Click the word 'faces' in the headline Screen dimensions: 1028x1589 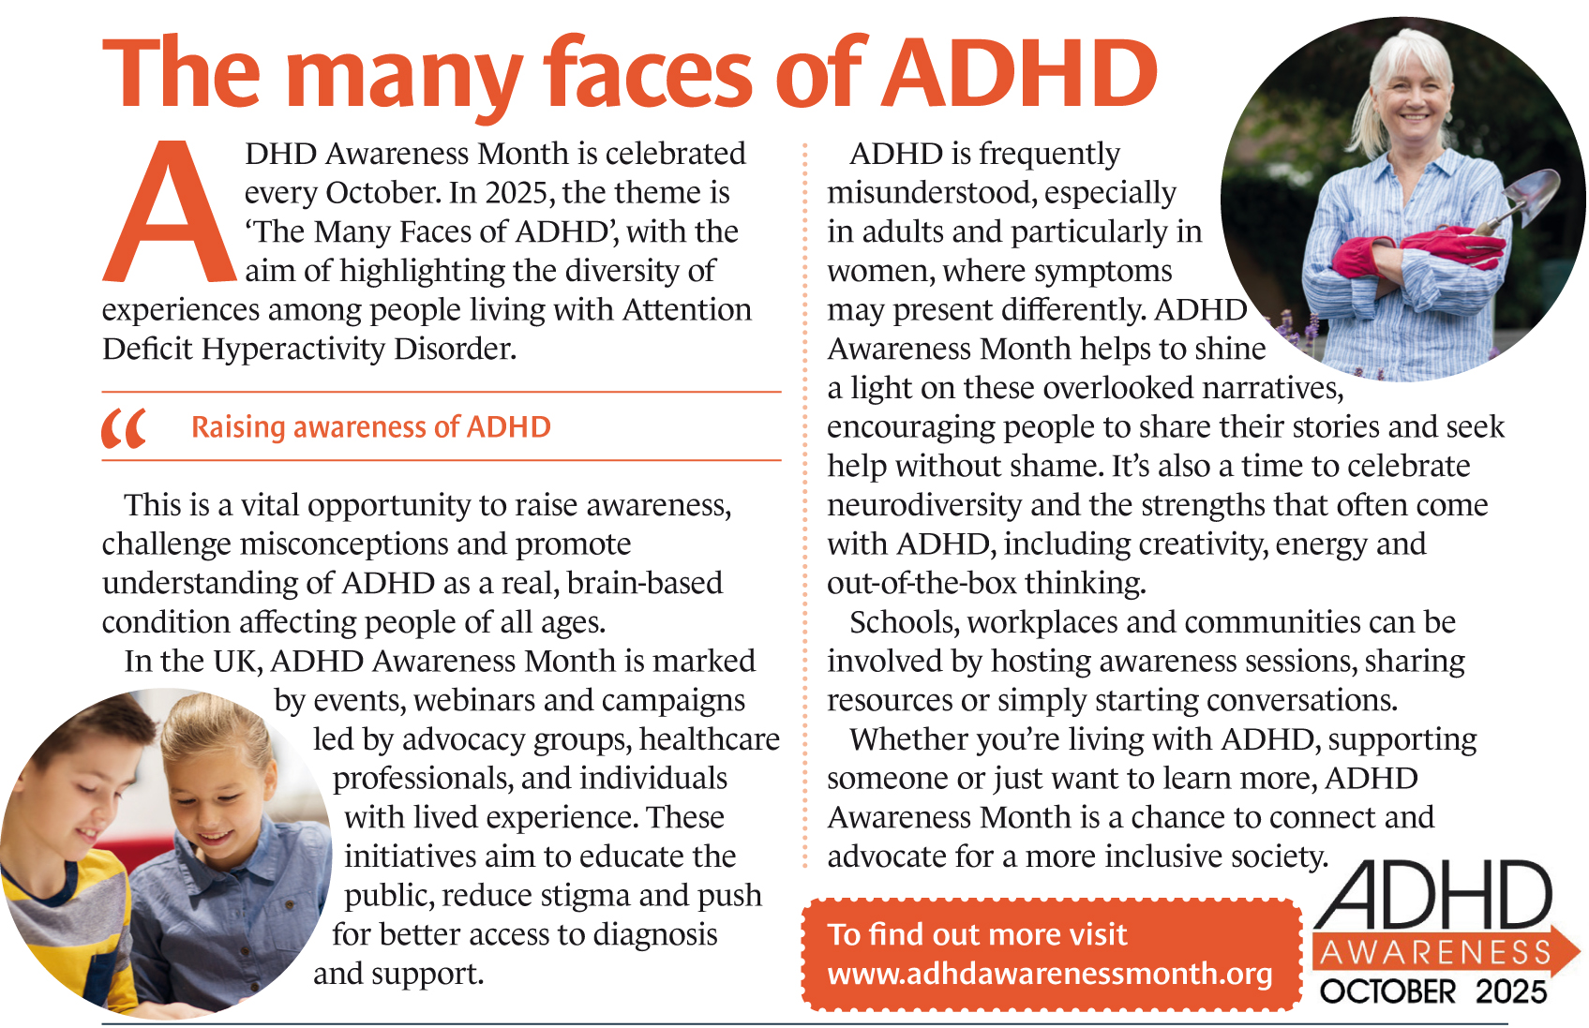pos(648,73)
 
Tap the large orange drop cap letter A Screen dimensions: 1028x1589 pos(169,215)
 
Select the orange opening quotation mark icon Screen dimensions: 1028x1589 pos(124,428)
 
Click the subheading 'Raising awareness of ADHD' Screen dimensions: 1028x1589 pos(371,427)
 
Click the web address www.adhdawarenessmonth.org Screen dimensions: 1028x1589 pos(1050,974)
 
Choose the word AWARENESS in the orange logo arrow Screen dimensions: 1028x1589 pos(1435,952)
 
